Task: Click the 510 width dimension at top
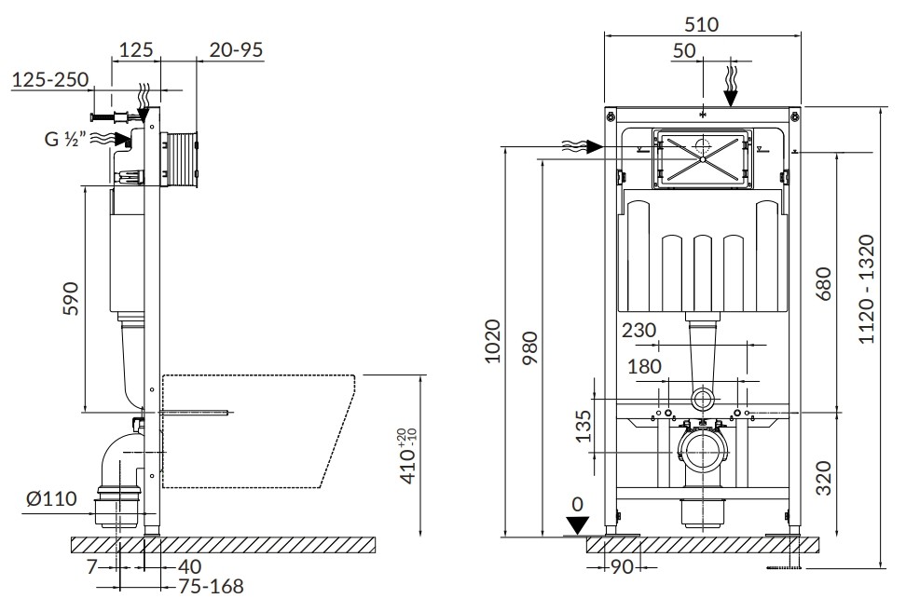pos(702,24)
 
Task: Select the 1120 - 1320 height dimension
pos(867,289)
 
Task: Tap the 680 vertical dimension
pos(824,283)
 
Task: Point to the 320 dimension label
pos(824,478)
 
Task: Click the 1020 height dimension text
pos(493,341)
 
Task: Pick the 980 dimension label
pos(529,347)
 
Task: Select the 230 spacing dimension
pos(639,331)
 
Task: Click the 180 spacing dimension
pos(644,366)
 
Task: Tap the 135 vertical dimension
pos(584,426)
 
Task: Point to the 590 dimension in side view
pos(71,298)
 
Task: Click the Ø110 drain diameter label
pos(51,498)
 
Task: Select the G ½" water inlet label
pos(65,139)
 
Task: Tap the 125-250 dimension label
pos(51,79)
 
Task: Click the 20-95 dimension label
pos(236,50)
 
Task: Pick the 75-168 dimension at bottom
pos(211,586)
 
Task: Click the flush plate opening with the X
pos(702,158)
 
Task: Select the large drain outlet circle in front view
pos(703,452)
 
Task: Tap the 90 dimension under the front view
pos(623,567)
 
